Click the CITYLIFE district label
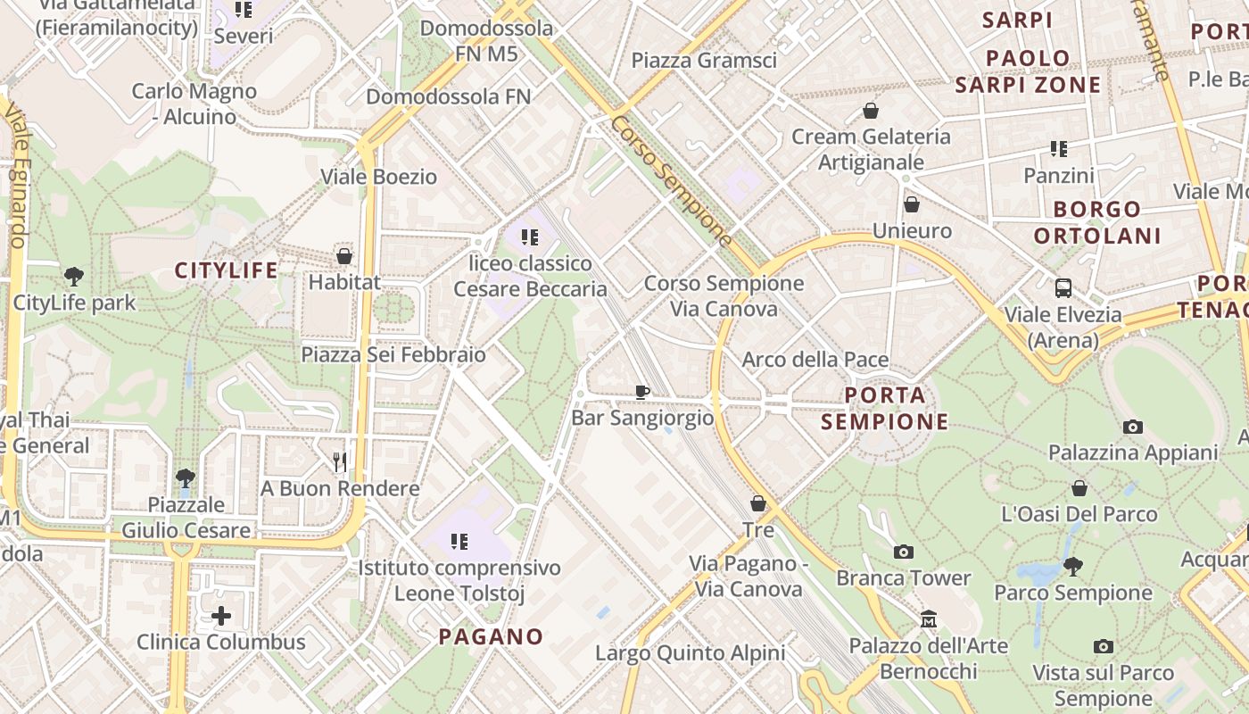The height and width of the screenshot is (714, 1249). coord(226,270)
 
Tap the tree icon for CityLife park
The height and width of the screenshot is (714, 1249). coord(74,277)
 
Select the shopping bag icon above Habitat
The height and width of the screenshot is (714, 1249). coord(344,256)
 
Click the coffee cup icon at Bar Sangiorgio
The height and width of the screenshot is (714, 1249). coord(641,391)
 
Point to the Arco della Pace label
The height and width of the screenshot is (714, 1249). coord(815,360)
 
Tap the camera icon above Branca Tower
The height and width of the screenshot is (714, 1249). coord(903,552)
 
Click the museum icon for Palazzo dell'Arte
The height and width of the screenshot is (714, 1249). coord(929,619)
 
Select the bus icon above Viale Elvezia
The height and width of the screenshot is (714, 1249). coord(1063,288)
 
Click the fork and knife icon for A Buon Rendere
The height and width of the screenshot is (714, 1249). coord(340,461)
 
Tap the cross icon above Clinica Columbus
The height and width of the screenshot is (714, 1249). coord(220,616)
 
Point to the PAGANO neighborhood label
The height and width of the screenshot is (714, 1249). coord(491,636)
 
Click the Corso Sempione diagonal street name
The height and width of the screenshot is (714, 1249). coord(673,181)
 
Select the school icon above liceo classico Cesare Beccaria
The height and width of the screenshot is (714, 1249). coord(531,237)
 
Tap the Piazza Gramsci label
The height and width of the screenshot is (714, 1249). coord(704,61)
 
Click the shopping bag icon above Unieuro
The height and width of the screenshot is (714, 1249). coord(912,204)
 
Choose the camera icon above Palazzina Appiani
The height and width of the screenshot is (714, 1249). coord(1132,427)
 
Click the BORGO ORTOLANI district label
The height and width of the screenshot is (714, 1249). coord(1097,222)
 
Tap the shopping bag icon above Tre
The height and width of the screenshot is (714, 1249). coord(758,503)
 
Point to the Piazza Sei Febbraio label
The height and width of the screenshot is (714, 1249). coord(393,354)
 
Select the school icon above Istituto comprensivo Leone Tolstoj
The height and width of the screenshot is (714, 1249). coord(459,541)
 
